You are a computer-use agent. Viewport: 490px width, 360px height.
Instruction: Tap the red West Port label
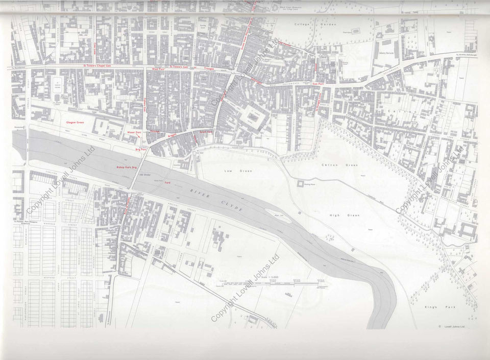[x=159, y=68]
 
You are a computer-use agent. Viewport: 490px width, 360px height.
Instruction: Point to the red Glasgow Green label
[x=75, y=123]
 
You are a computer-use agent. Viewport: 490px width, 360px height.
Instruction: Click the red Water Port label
[x=134, y=132]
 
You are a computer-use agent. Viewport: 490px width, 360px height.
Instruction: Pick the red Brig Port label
[x=140, y=149]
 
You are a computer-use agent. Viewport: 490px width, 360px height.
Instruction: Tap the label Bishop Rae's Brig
[x=127, y=167]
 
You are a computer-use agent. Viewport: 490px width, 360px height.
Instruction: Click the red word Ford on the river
[x=167, y=182]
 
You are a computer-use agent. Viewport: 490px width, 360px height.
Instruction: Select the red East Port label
[x=320, y=84]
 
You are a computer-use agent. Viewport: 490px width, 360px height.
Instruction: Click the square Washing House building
[x=298, y=183]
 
